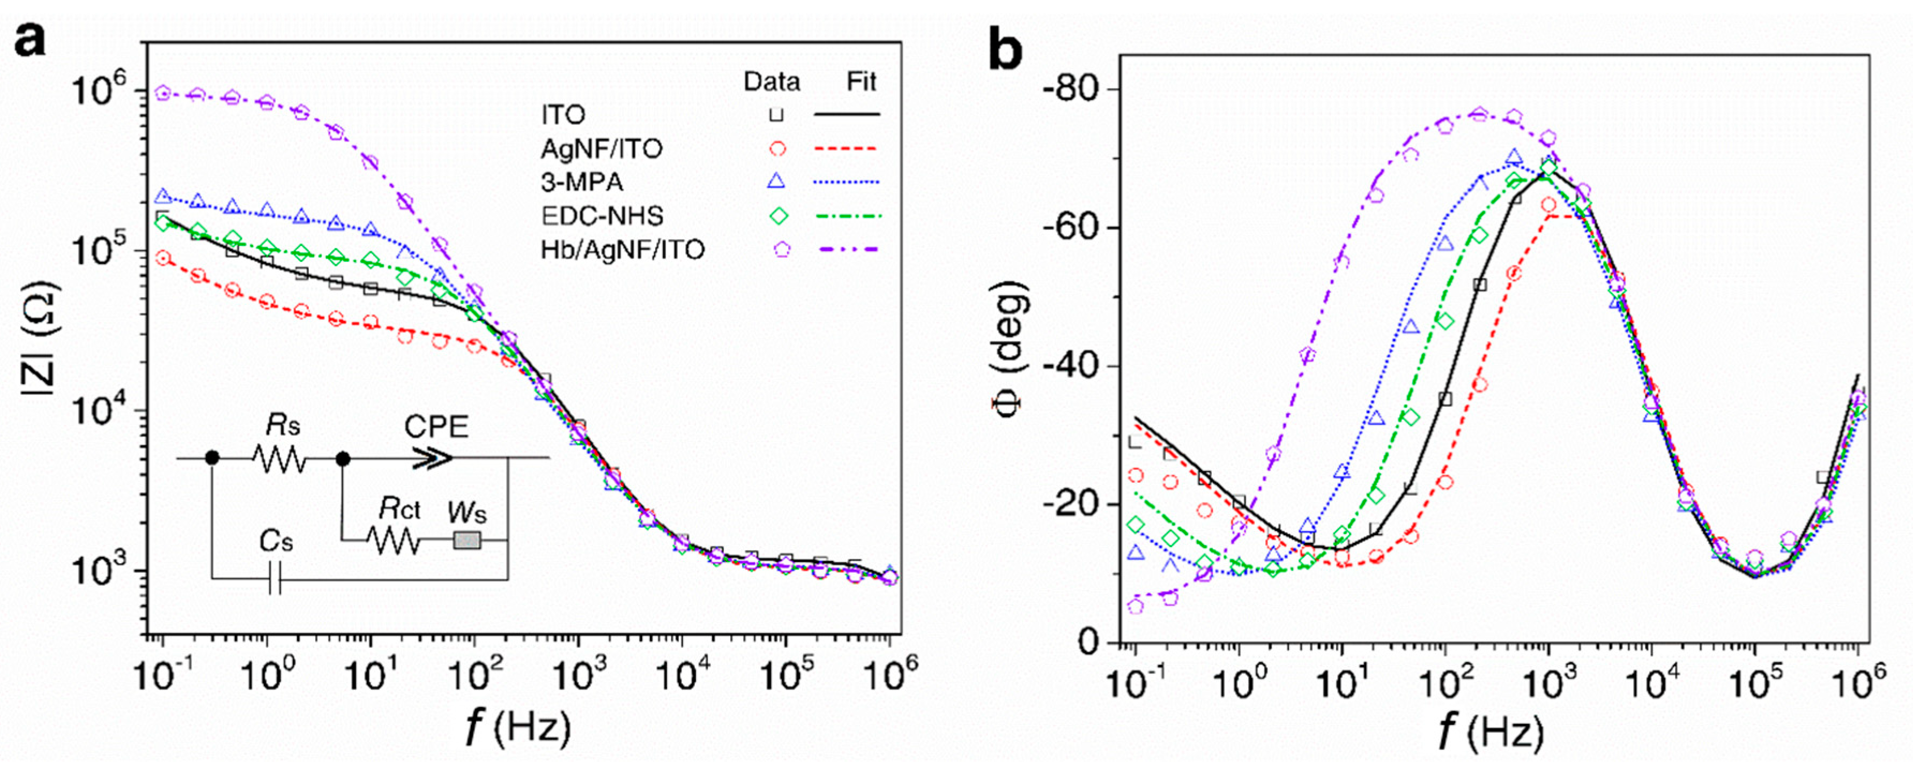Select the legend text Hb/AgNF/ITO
622,250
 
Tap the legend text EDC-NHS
602,216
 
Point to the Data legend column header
772,81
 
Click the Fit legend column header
862,81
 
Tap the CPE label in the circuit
436,427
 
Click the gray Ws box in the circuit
467,541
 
